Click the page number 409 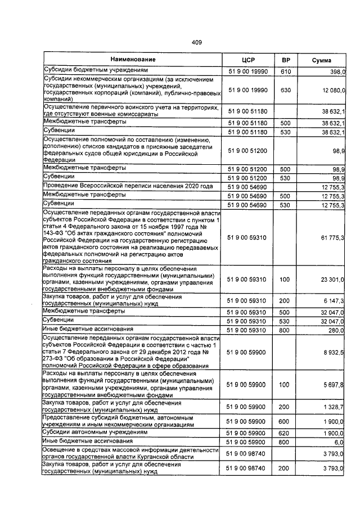tap(196, 42)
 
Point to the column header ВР tap(285, 60)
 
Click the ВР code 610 tap(285, 72)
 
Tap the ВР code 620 tap(285, 434)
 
